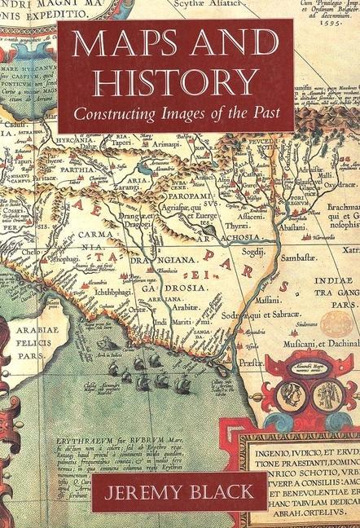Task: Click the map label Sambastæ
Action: tap(277, 279)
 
